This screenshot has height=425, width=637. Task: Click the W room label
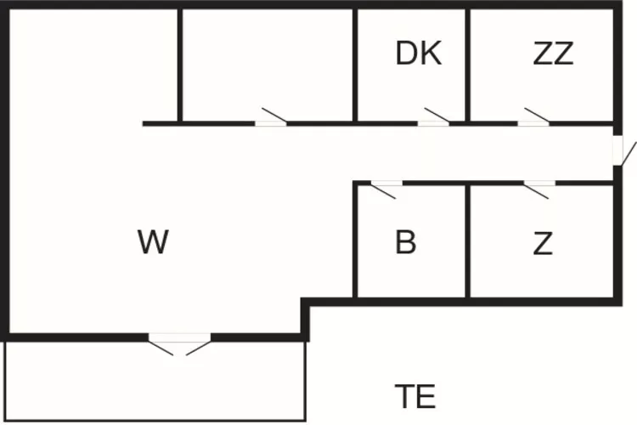[153, 243]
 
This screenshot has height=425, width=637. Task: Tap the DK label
[418, 54]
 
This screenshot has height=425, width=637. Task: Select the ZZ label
[553, 54]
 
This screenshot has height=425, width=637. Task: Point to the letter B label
[406, 243]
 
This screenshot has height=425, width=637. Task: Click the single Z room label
[543, 244]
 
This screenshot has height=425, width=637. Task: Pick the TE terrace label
[415, 396]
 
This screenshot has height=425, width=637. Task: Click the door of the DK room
[434, 121]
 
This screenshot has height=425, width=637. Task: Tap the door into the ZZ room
[534, 121]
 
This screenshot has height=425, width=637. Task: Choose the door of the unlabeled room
[271, 121]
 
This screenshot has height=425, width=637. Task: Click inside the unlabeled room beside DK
[268, 64]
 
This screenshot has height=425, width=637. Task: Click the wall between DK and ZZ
[467, 64]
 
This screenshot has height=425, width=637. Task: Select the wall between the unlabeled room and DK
[354, 64]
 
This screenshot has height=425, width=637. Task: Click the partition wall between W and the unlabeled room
[180, 64]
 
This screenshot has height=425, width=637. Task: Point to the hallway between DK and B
[408, 153]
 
